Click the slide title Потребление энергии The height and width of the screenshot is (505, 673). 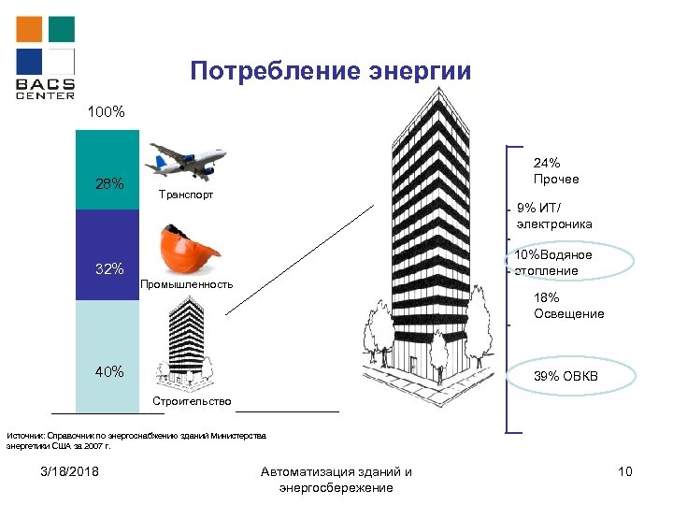331,71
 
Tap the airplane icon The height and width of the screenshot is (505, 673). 186,160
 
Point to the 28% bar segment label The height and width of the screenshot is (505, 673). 110,183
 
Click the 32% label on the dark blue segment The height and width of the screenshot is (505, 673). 109,270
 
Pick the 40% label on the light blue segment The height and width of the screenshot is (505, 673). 109,372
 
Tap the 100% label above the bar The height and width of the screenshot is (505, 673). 105,112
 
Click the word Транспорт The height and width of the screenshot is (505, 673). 185,195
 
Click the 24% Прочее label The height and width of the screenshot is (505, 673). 556,170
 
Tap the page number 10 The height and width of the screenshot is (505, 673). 625,471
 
